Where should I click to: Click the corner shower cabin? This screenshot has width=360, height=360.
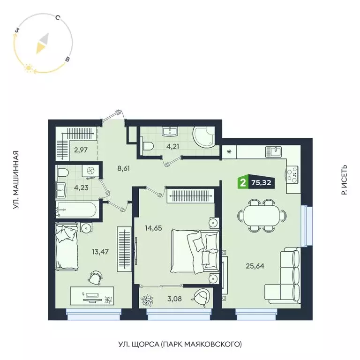(204, 136)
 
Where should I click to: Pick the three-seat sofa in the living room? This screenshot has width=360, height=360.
(287, 276)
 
